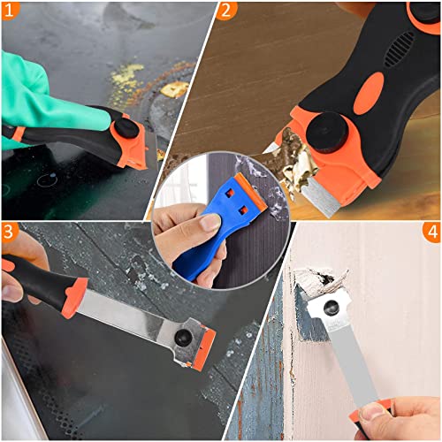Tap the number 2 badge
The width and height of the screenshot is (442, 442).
(x=228, y=11)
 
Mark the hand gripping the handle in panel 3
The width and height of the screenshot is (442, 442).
(x=19, y=270)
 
